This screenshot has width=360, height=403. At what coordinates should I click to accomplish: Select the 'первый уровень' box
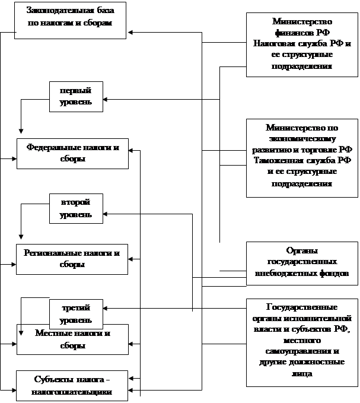coord(75,97)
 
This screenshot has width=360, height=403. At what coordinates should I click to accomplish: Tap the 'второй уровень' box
coord(75,208)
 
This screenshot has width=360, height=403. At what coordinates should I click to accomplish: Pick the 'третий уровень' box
coord(75,314)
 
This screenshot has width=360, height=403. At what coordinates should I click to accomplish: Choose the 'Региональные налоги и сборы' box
coord(72,258)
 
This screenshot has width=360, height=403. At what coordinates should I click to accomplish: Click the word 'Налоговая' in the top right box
coord(272,44)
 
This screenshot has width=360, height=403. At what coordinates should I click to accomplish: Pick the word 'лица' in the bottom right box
coord(302,374)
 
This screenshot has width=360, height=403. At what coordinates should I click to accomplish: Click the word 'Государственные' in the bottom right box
coord(302,307)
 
